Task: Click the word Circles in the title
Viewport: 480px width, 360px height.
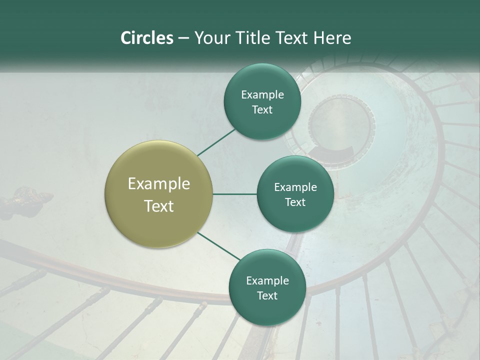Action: (x=146, y=38)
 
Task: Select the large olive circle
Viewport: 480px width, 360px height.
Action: (x=159, y=194)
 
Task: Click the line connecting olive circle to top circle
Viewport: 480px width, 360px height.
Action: (x=216, y=142)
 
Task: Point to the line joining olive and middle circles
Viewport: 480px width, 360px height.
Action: (x=234, y=194)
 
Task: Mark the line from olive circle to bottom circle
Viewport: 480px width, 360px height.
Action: (x=219, y=247)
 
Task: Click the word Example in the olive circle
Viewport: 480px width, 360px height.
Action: (x=159, y=183)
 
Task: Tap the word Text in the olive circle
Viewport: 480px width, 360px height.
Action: (x=159, y=206)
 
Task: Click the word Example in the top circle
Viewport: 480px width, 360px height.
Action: (x=262, y=94)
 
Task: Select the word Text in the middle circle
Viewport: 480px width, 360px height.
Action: (x=295, y=202)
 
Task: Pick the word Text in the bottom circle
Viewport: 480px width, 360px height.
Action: (x=267, y=295)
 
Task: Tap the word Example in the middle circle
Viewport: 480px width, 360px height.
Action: (x=295, y=187)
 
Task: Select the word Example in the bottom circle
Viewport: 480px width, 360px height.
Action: (x=267, y=280)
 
